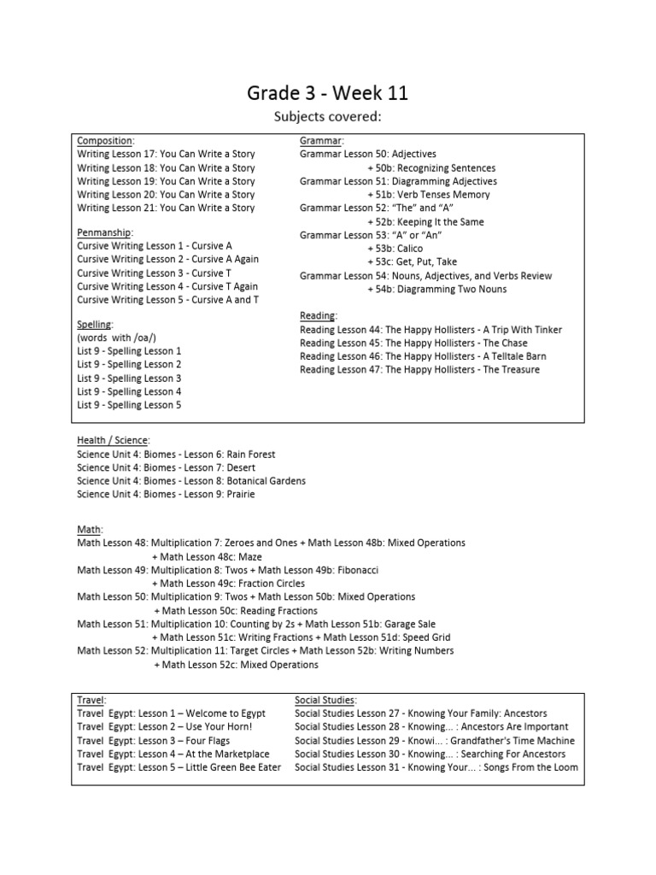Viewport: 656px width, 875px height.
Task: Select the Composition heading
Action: pyautogui.click(x=105, y=141)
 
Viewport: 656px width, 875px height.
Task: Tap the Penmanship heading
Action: pyautogui.click(x=105, y=232)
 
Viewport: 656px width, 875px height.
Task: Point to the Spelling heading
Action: pyautogui.click(x=94, y=324)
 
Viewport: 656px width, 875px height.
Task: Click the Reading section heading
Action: pyautogui.click(x=319, y=316)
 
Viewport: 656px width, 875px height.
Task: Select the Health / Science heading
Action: pyautogui.click(x=113, y=441)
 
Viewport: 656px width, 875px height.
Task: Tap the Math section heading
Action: pyautogui.click(x=89, y=530)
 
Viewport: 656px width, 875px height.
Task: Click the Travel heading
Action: pyautogui.click(x=91, y=700)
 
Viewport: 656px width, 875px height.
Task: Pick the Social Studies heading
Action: pyautogui.click(x=325, y=700)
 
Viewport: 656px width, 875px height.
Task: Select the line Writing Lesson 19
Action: pyautogui.click(x=166, y=181)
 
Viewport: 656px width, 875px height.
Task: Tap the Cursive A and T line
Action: pyautogui.click(x=167, y=300)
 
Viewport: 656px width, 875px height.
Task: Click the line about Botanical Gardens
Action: pyautogui.click(x=190, y=481)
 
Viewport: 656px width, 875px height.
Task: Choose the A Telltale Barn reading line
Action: pyautogui.click(x=423, y=356)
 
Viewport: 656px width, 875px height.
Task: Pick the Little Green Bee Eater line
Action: pyautogui.click(x=179, y=767)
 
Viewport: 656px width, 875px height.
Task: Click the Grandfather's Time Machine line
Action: pyautogui.click(x=435, y=741)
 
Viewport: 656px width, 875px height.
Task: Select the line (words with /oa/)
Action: pyautogui.click(x=116, y=338)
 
